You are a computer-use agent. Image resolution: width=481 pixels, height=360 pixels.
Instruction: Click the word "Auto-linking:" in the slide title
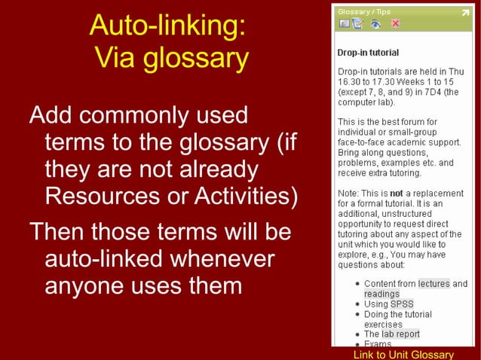[167, 26]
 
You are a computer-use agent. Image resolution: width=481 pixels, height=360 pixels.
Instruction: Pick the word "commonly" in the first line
[142, 115]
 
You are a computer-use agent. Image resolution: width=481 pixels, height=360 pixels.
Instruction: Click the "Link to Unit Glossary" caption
[403, 354]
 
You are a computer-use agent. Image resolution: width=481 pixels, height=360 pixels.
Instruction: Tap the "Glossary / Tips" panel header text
[364, 11]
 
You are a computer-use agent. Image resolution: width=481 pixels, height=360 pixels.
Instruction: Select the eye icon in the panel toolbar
[375, 23]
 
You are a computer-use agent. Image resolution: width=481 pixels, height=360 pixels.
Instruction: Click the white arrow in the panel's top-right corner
[464, 12]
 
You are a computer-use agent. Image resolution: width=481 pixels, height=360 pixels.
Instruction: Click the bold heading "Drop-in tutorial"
[368, 53]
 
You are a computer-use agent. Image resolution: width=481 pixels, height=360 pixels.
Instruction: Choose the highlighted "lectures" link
[434, 284]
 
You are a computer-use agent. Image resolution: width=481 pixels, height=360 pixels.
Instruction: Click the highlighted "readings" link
[381, 294]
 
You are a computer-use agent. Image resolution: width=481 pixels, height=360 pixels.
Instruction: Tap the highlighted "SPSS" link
[402, 304]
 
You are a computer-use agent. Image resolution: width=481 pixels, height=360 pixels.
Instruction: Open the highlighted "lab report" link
[400, 334]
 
